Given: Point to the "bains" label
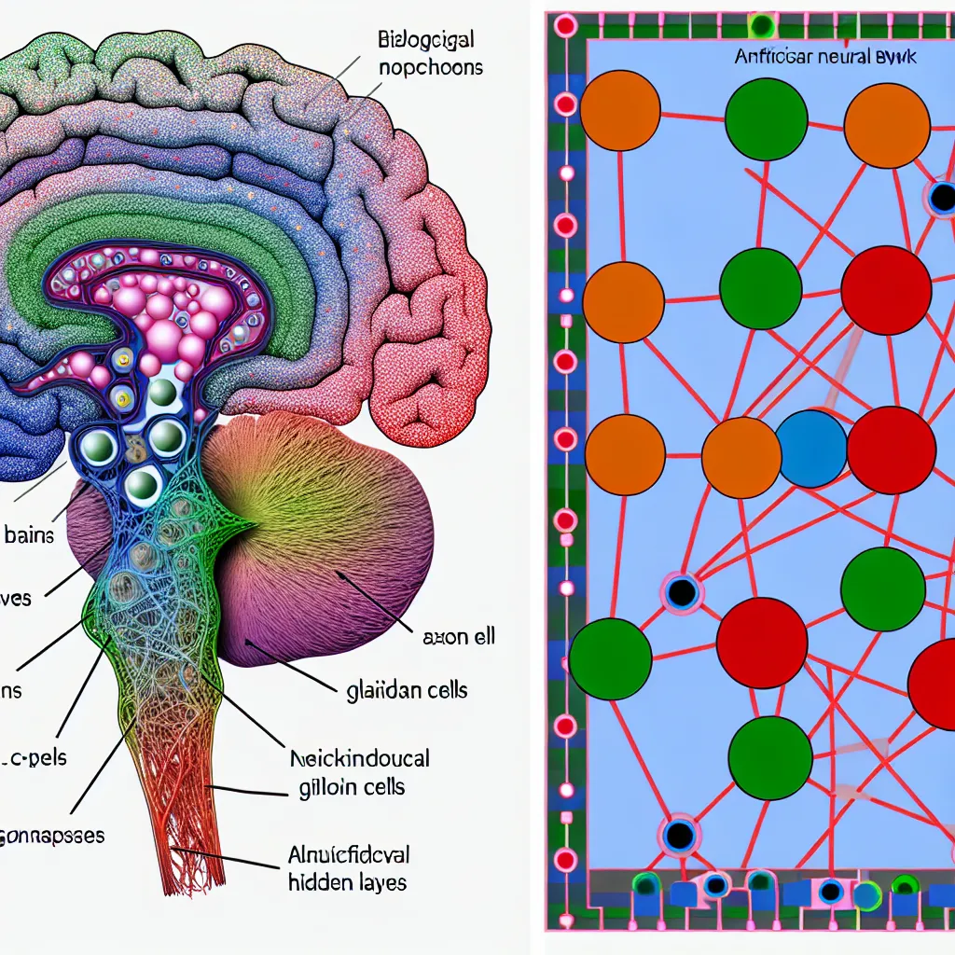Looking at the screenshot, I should pyautogui.click(x=29, y=535).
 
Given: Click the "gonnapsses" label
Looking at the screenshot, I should pyautogui.click(x=51, y=835).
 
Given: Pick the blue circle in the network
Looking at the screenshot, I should pyautogui.click(x=811, y=450).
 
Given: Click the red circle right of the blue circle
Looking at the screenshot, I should pyautogui.click(x=892, y=450).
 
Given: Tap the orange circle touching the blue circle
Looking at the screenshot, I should pyautogui.click(x=741, y=457).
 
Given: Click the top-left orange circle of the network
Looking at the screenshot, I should pyautogui.click(x=620, y=110).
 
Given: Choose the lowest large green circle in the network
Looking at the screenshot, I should pyautogui.click(x=769, y=758).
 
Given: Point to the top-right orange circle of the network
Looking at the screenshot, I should pyautogui.click(x=886, y=125).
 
